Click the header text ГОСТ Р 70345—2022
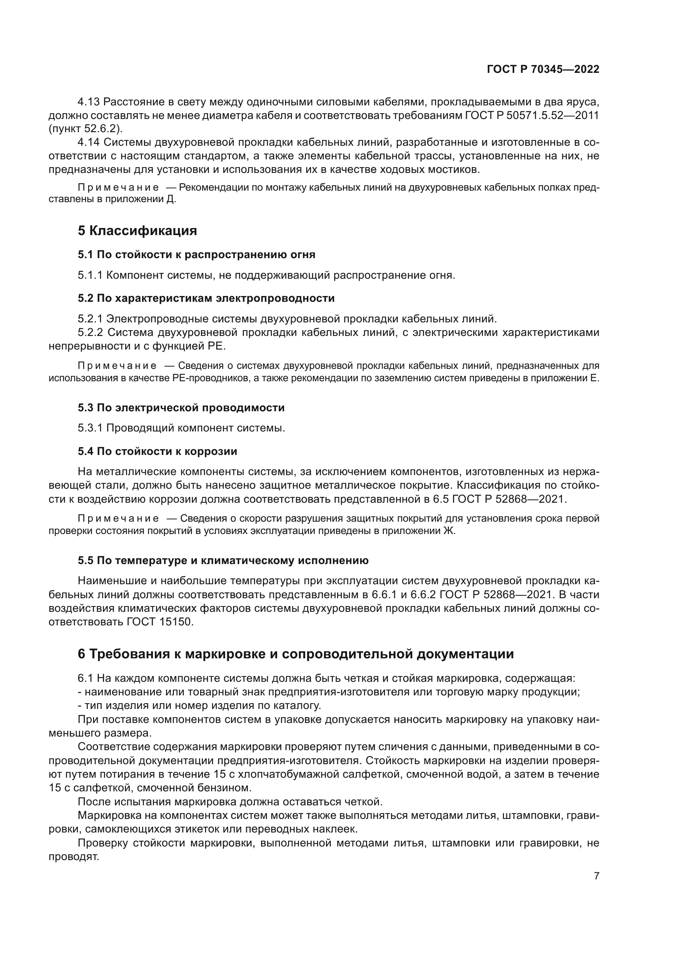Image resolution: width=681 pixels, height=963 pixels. (x=543, y=69)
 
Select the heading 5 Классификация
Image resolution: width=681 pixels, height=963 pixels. (x=137, y=231)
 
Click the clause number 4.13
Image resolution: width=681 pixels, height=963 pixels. (x=89, y=102)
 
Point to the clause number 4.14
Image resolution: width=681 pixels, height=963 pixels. (x=89, y=142)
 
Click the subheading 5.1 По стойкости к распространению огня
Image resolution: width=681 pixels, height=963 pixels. (x=196, y=254)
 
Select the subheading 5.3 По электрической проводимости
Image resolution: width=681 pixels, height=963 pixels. (x=181, y=408)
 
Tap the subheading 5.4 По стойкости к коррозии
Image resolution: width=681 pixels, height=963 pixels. (x=157, y=451)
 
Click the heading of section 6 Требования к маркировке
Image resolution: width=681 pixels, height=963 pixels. (x=296, y=654)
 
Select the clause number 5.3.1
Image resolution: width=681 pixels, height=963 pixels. (x=90, y=428)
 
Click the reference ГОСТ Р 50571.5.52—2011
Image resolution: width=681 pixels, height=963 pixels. (x=532, y=115)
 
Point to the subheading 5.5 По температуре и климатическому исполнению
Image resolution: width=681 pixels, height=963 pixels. (x=223, y=561)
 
